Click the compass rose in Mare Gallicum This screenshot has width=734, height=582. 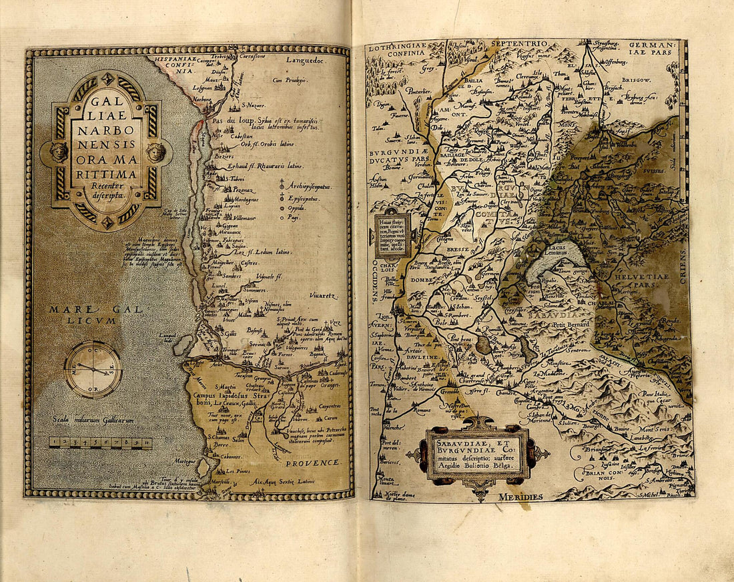click(93, 368)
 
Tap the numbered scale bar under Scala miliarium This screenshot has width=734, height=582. click(100, 443)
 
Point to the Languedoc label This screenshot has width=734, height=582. click(305, 60)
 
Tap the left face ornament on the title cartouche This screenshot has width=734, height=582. click(59, 152)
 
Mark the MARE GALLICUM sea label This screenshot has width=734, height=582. click(83, 314)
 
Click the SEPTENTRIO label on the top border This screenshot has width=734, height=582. click(519, 44)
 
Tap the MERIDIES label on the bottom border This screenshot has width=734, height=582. click(520, 497)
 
